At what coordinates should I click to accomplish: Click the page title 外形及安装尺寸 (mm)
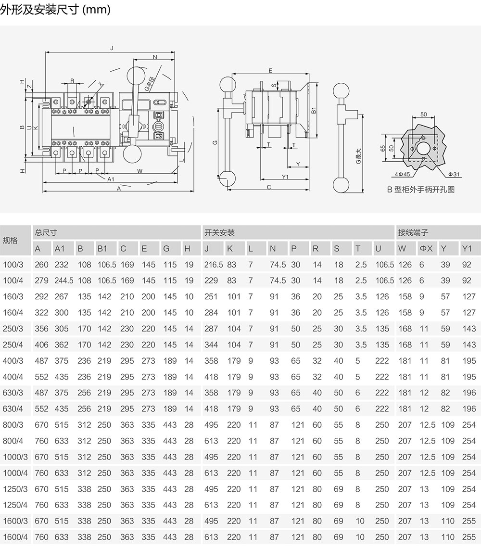tap(55, 10)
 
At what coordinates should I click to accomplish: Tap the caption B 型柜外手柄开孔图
tap(420, 190)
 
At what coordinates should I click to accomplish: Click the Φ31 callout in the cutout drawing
tap(454, 174)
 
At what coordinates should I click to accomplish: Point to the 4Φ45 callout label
tap(403, 174)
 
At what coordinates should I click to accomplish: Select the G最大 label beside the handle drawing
tap(358, 156)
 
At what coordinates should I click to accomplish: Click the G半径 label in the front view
tap(150, 84)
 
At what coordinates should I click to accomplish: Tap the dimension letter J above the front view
tap(112, 48)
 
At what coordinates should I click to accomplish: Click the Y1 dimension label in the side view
tap(285, 177)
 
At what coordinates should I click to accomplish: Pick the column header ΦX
tap(426, 248)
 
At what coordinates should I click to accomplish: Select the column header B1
tap(102, 248)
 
